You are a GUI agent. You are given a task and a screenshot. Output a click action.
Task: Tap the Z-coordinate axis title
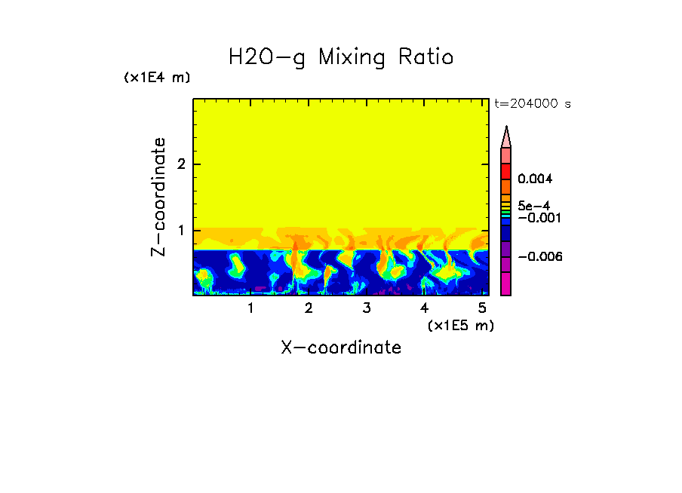[x=158, y=197]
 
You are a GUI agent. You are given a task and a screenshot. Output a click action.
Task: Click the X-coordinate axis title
[x=341, y=348]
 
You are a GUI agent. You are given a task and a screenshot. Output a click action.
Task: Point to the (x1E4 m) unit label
[x=157, y=78]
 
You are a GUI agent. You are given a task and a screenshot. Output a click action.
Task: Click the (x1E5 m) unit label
[x=460, y=325]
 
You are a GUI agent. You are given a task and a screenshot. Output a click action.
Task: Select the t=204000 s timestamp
[x=532, y=104]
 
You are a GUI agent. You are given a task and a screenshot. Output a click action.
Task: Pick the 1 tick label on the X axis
[x=250, y=308]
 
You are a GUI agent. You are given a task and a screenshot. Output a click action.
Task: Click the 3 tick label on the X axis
[x=367, y=308]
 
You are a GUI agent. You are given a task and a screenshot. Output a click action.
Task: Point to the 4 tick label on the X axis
[x=425, y=308]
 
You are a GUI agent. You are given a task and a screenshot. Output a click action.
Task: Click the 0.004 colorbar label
[x=536, y=179]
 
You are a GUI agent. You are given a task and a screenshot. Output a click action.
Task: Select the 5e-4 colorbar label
[x=533, y=205]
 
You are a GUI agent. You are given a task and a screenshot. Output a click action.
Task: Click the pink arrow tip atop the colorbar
[x=506, y=136]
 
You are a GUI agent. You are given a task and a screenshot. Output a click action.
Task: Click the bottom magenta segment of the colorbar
[x=506, y=284]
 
